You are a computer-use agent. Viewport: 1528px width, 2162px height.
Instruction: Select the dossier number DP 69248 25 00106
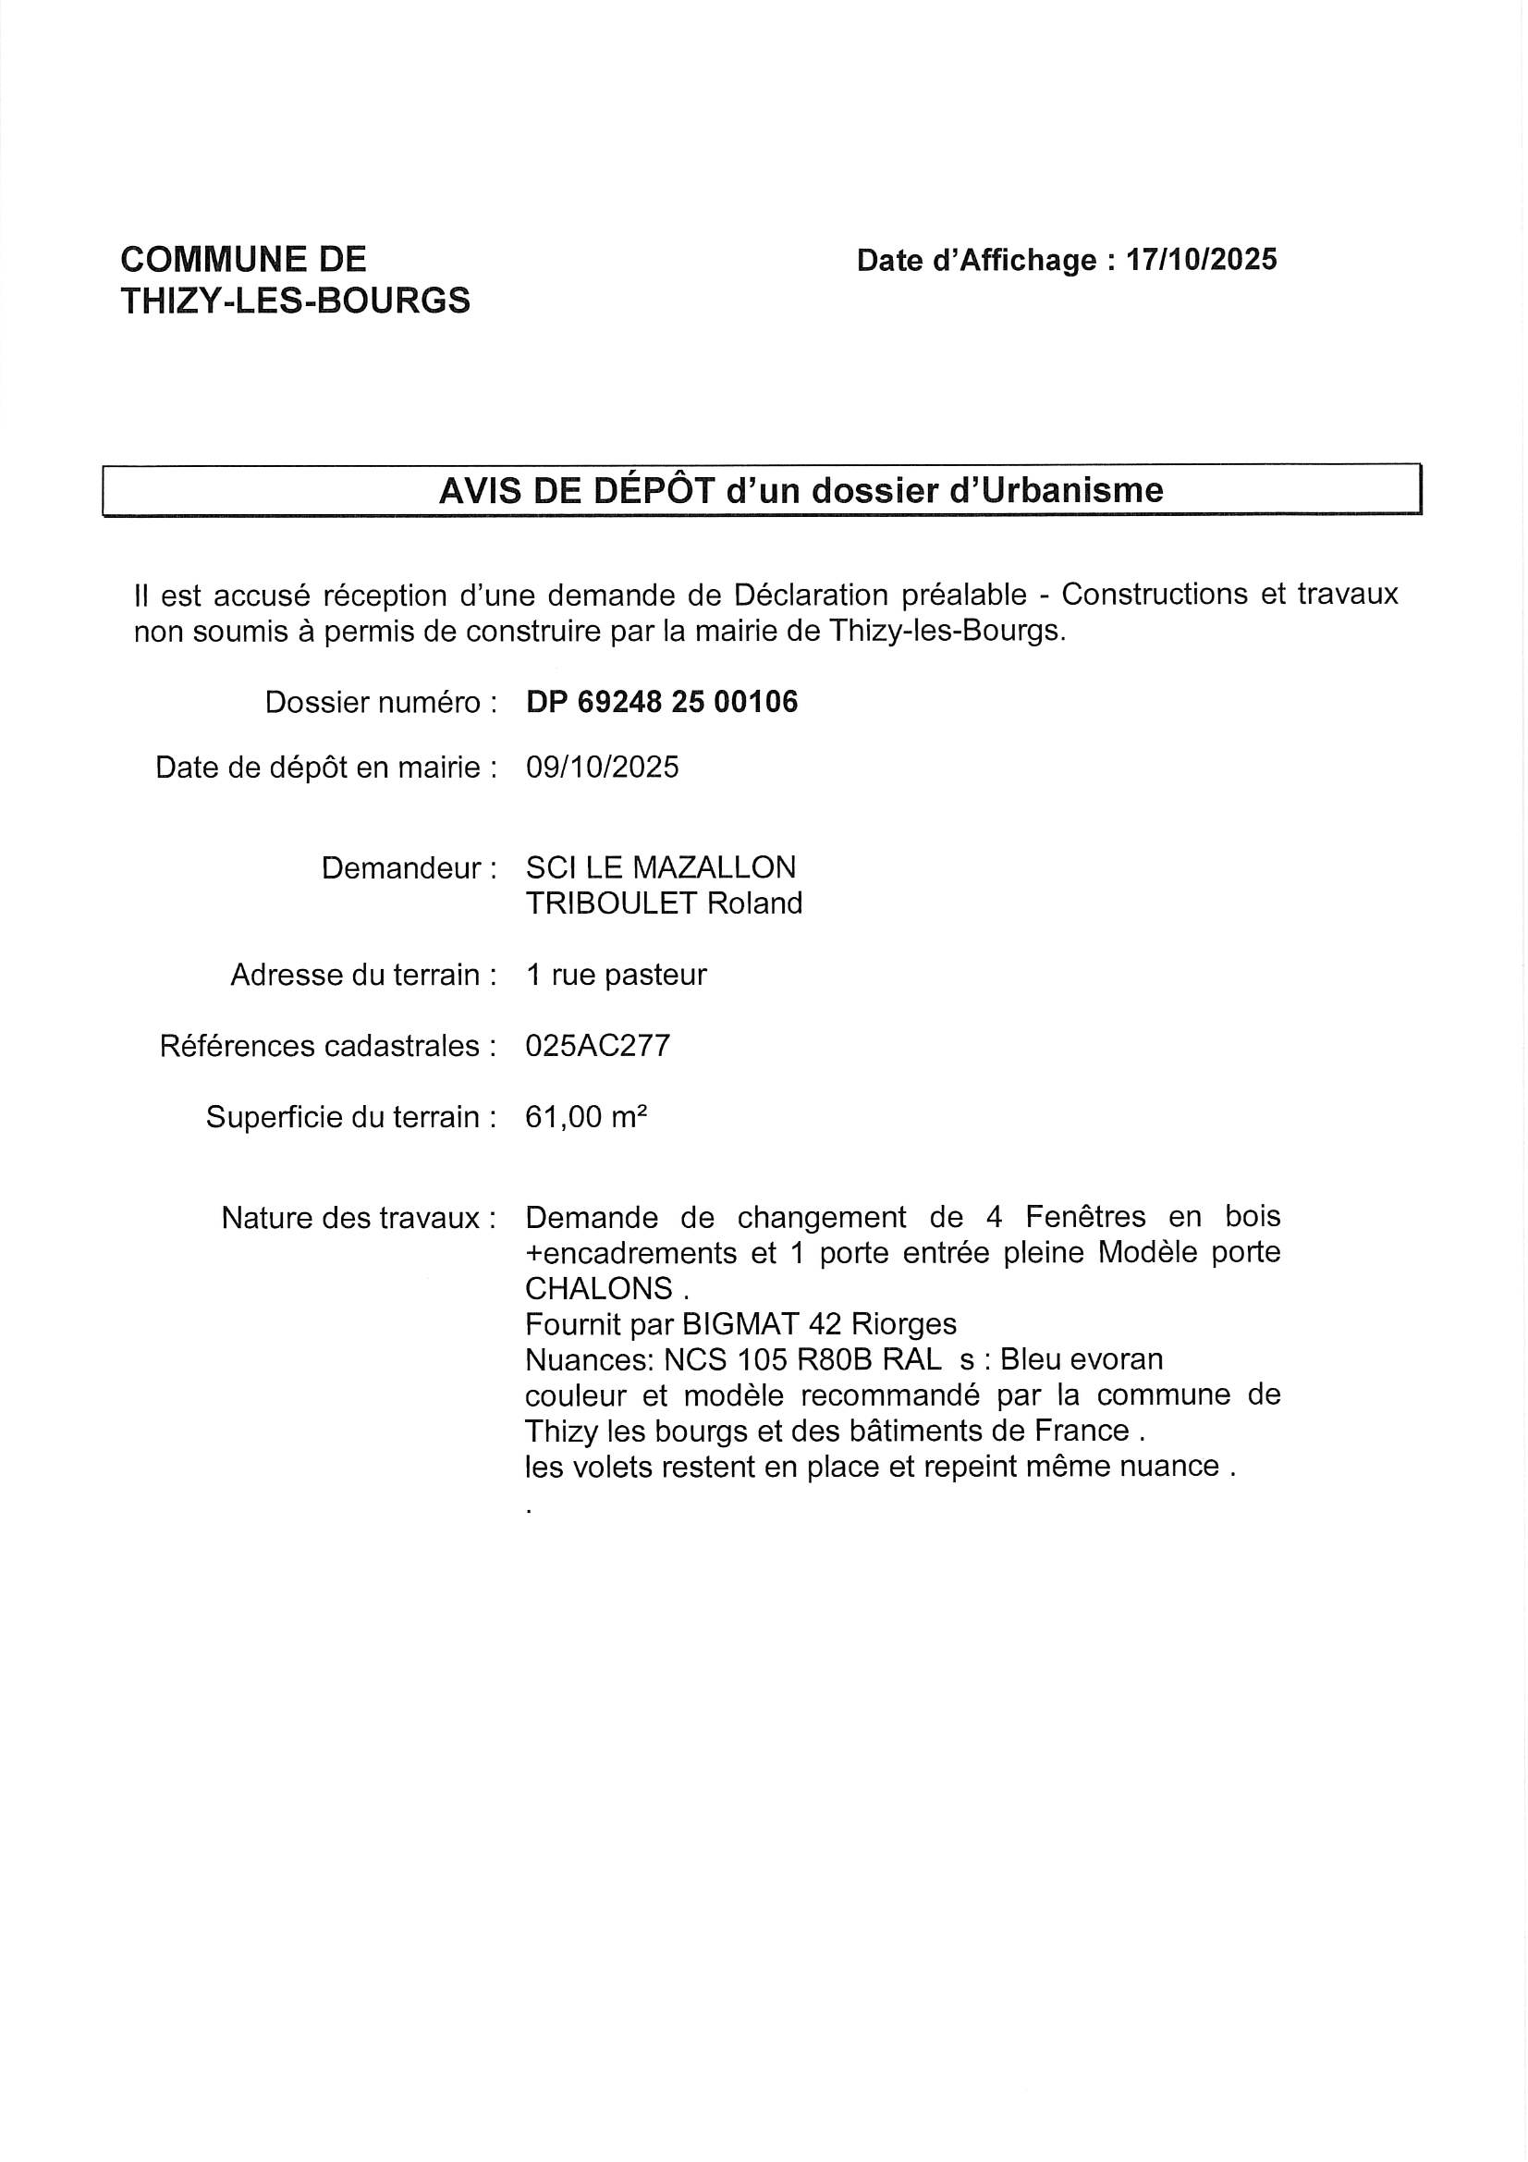click(662, 702)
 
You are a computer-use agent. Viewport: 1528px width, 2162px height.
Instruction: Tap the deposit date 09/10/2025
click(602, 768)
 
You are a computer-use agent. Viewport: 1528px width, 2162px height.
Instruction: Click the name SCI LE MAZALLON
click(660, 867)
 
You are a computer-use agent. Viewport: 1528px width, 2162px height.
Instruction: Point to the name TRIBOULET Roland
click(664, 903)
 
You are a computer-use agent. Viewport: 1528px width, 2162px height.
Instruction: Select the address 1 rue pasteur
click(616, 975)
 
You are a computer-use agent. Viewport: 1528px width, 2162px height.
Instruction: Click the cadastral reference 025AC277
click(598, 1046)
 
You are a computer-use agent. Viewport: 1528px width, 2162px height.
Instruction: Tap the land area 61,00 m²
click(585, 1118)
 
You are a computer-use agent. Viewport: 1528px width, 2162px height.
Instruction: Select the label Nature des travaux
click(359, 1219)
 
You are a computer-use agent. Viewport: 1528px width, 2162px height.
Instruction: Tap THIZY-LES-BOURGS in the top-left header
click(296, 301)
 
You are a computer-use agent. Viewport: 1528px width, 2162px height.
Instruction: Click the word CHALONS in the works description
click(599, 1288)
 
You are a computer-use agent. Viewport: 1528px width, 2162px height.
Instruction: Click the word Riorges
click(903, 1324)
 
